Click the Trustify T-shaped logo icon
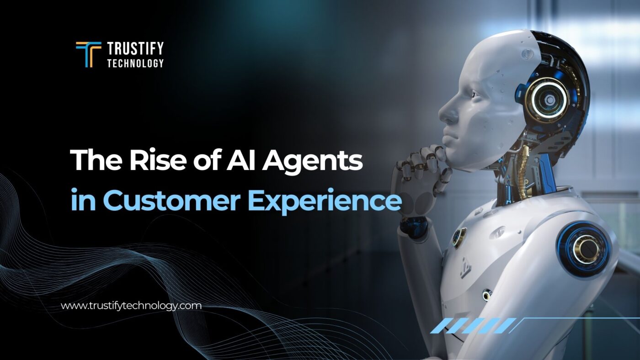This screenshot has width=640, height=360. click(x=88, y=54)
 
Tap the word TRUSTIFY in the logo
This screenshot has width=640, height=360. click(x=135, y=48)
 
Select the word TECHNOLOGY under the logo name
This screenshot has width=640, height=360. click(x=135, y=63)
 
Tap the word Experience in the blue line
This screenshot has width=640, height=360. click(x=325, y=202)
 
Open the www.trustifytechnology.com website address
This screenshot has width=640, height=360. click(x=131, y=306)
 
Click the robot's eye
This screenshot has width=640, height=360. click(x=471, y=94)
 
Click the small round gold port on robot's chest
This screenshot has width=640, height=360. click(x=459, y=238)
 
